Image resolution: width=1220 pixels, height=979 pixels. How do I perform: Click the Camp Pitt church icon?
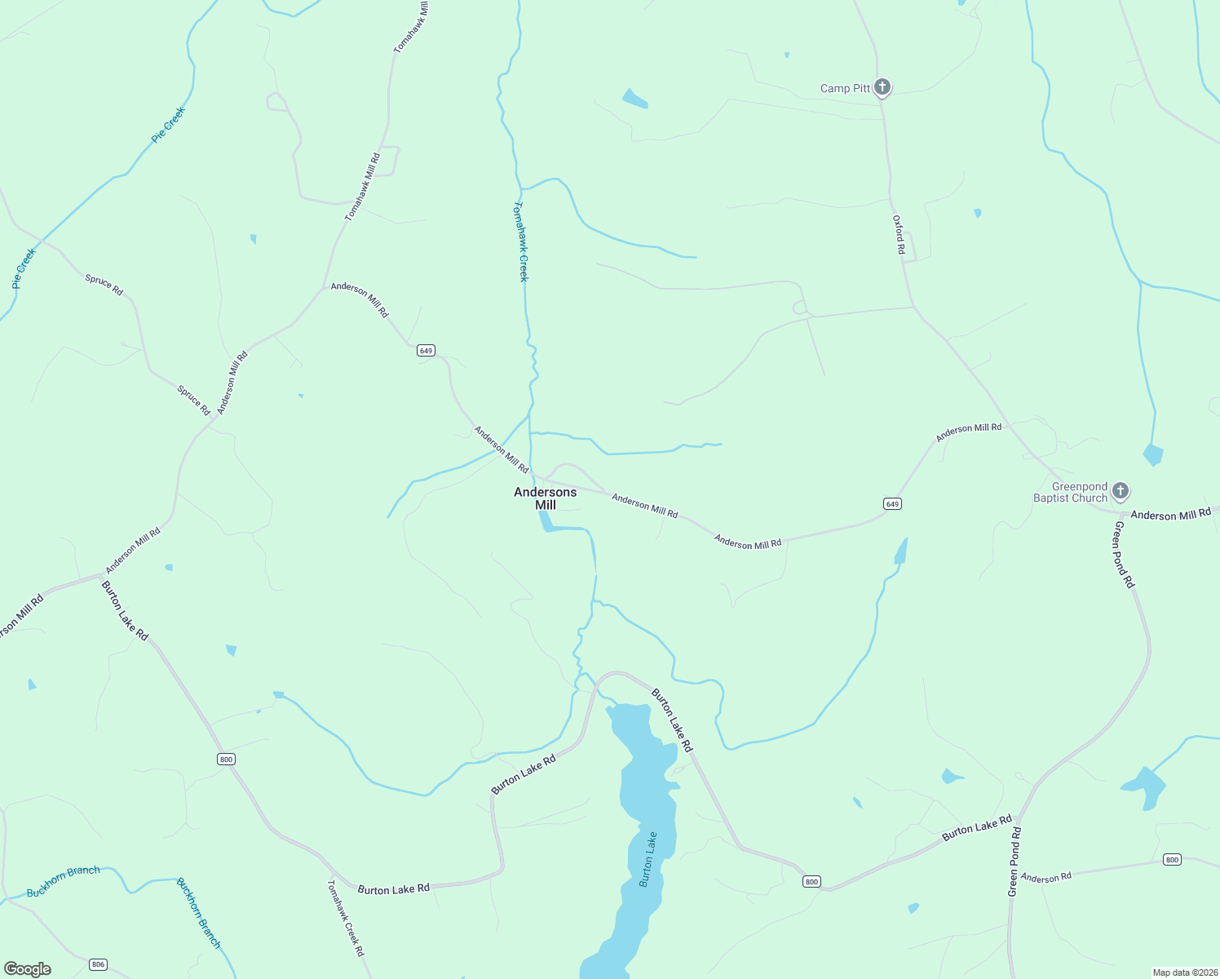882,86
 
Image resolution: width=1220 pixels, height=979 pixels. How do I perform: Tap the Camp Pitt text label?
845,88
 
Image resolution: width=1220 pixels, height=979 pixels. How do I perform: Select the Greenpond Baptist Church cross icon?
1121,490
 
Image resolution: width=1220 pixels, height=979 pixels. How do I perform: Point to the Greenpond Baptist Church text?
1071,492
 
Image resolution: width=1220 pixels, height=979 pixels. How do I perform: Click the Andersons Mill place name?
545,498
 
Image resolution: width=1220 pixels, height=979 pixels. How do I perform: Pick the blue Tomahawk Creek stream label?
520,241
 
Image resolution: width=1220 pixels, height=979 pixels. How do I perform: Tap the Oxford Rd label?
898,235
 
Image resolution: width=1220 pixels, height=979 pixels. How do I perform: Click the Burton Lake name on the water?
648,859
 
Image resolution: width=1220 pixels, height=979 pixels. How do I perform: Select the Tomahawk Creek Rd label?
346,917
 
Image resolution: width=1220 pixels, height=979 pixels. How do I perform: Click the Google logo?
28,969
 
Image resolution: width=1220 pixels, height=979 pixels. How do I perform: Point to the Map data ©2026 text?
1184,972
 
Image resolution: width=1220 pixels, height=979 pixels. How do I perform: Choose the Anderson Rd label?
1046,878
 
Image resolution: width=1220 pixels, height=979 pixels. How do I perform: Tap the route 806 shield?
99,964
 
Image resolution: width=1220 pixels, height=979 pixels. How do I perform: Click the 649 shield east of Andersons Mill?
892,504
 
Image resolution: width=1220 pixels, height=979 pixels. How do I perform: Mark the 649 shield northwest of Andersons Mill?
426,350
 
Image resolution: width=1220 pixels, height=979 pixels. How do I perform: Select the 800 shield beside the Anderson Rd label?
1172,860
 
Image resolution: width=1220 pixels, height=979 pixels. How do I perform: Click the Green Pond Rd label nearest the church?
1123,554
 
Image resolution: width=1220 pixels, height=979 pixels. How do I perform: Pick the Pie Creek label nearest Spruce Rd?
24,268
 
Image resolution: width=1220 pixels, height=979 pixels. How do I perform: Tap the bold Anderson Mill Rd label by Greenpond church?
1170,515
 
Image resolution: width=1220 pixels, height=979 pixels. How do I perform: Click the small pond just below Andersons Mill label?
548,523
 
